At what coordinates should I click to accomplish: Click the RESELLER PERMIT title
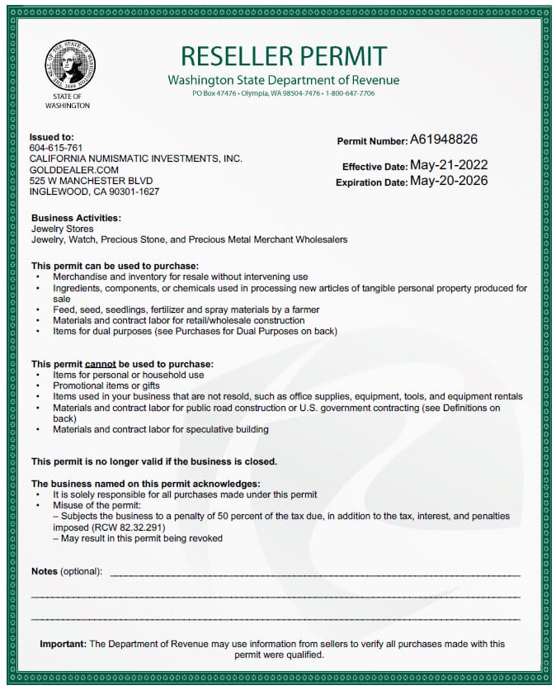click(x=283, y=56)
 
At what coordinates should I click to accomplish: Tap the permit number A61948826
click(x=444, y=139)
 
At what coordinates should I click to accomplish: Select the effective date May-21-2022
click(x=449, y=165)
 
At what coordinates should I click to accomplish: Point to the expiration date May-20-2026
click(x=449, y=181)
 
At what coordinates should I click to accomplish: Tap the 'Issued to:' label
click(x=51, y=136)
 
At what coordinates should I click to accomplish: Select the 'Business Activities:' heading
click(x=76, y=218)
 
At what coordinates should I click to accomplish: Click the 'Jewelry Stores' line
click(x=62, y=229)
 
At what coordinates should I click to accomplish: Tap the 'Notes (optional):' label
click(x=67, y=571)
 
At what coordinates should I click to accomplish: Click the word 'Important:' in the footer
click(x=64, y=644)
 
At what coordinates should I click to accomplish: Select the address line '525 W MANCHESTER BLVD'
click(x=91, y=180)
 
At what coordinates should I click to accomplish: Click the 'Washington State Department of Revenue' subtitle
click(x=283, y=80)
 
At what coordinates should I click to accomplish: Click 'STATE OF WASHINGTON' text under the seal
click(x=68, y=102)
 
